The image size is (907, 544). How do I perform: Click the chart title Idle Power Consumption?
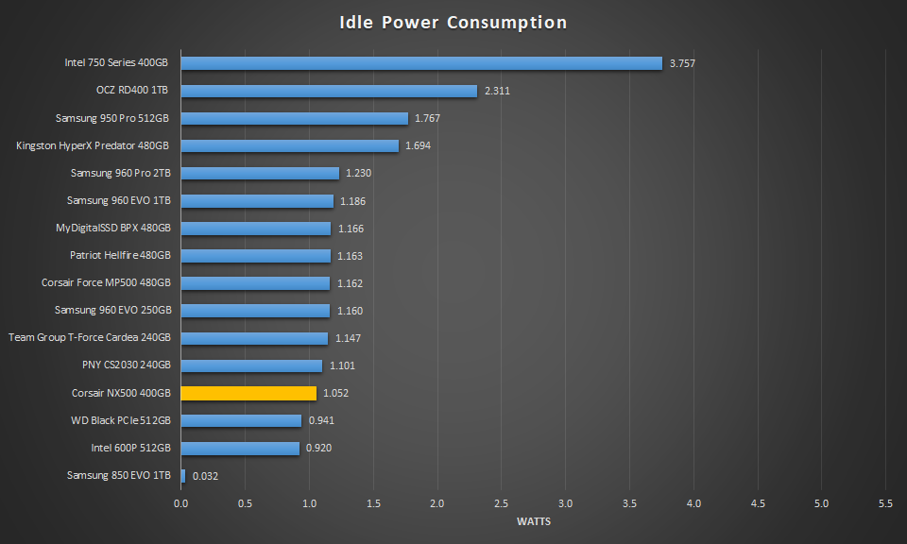[453, 22]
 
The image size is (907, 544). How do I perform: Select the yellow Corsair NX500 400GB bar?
[248, 393]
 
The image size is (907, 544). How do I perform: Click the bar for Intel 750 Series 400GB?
[421, 63]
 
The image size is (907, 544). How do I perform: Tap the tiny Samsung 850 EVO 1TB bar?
[183, 475]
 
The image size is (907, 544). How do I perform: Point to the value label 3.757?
[682, 64]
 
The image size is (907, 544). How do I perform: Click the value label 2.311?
[497, 92]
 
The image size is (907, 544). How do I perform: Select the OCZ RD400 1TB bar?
[329, 91]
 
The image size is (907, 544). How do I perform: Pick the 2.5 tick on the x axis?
[502, 503]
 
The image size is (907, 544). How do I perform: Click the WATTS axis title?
[534, 521]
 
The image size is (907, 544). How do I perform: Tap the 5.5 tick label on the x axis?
[885, 503]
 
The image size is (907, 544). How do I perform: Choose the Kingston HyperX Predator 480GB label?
[93, 146]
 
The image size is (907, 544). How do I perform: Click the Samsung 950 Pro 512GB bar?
[294, 118]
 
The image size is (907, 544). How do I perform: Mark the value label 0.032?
[205, 476]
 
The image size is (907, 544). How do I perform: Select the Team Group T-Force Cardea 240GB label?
[90, 338]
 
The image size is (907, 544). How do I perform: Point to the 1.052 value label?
[336, 394]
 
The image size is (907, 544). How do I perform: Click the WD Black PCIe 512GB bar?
[241, 420]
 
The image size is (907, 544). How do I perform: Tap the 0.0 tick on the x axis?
[181, 503]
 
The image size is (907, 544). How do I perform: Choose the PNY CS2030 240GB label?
[127, 365]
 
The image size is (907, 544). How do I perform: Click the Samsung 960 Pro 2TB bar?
[260, 173]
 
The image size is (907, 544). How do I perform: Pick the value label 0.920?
[318, 449]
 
